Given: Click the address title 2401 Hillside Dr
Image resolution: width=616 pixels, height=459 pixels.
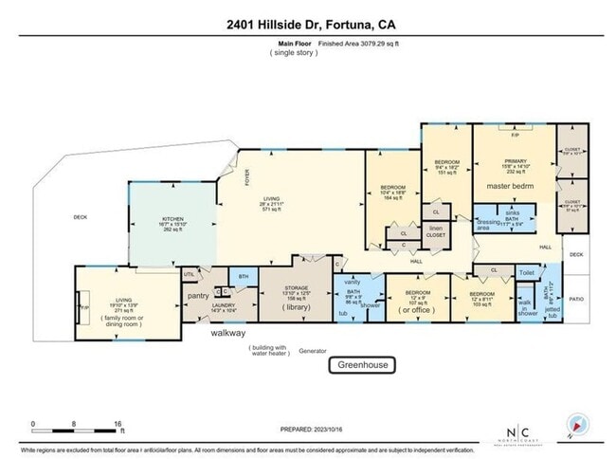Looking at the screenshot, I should click(308, 23).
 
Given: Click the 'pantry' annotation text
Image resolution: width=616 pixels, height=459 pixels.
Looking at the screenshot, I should click(198, 296).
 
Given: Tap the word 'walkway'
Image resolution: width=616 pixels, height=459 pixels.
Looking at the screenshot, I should click(228, 333).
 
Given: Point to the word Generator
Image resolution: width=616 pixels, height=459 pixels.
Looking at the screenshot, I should click(312, 350).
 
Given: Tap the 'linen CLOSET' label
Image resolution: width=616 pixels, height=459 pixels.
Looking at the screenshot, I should click(435, 231).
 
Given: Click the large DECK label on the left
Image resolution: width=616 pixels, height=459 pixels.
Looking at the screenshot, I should click(80, 217).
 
